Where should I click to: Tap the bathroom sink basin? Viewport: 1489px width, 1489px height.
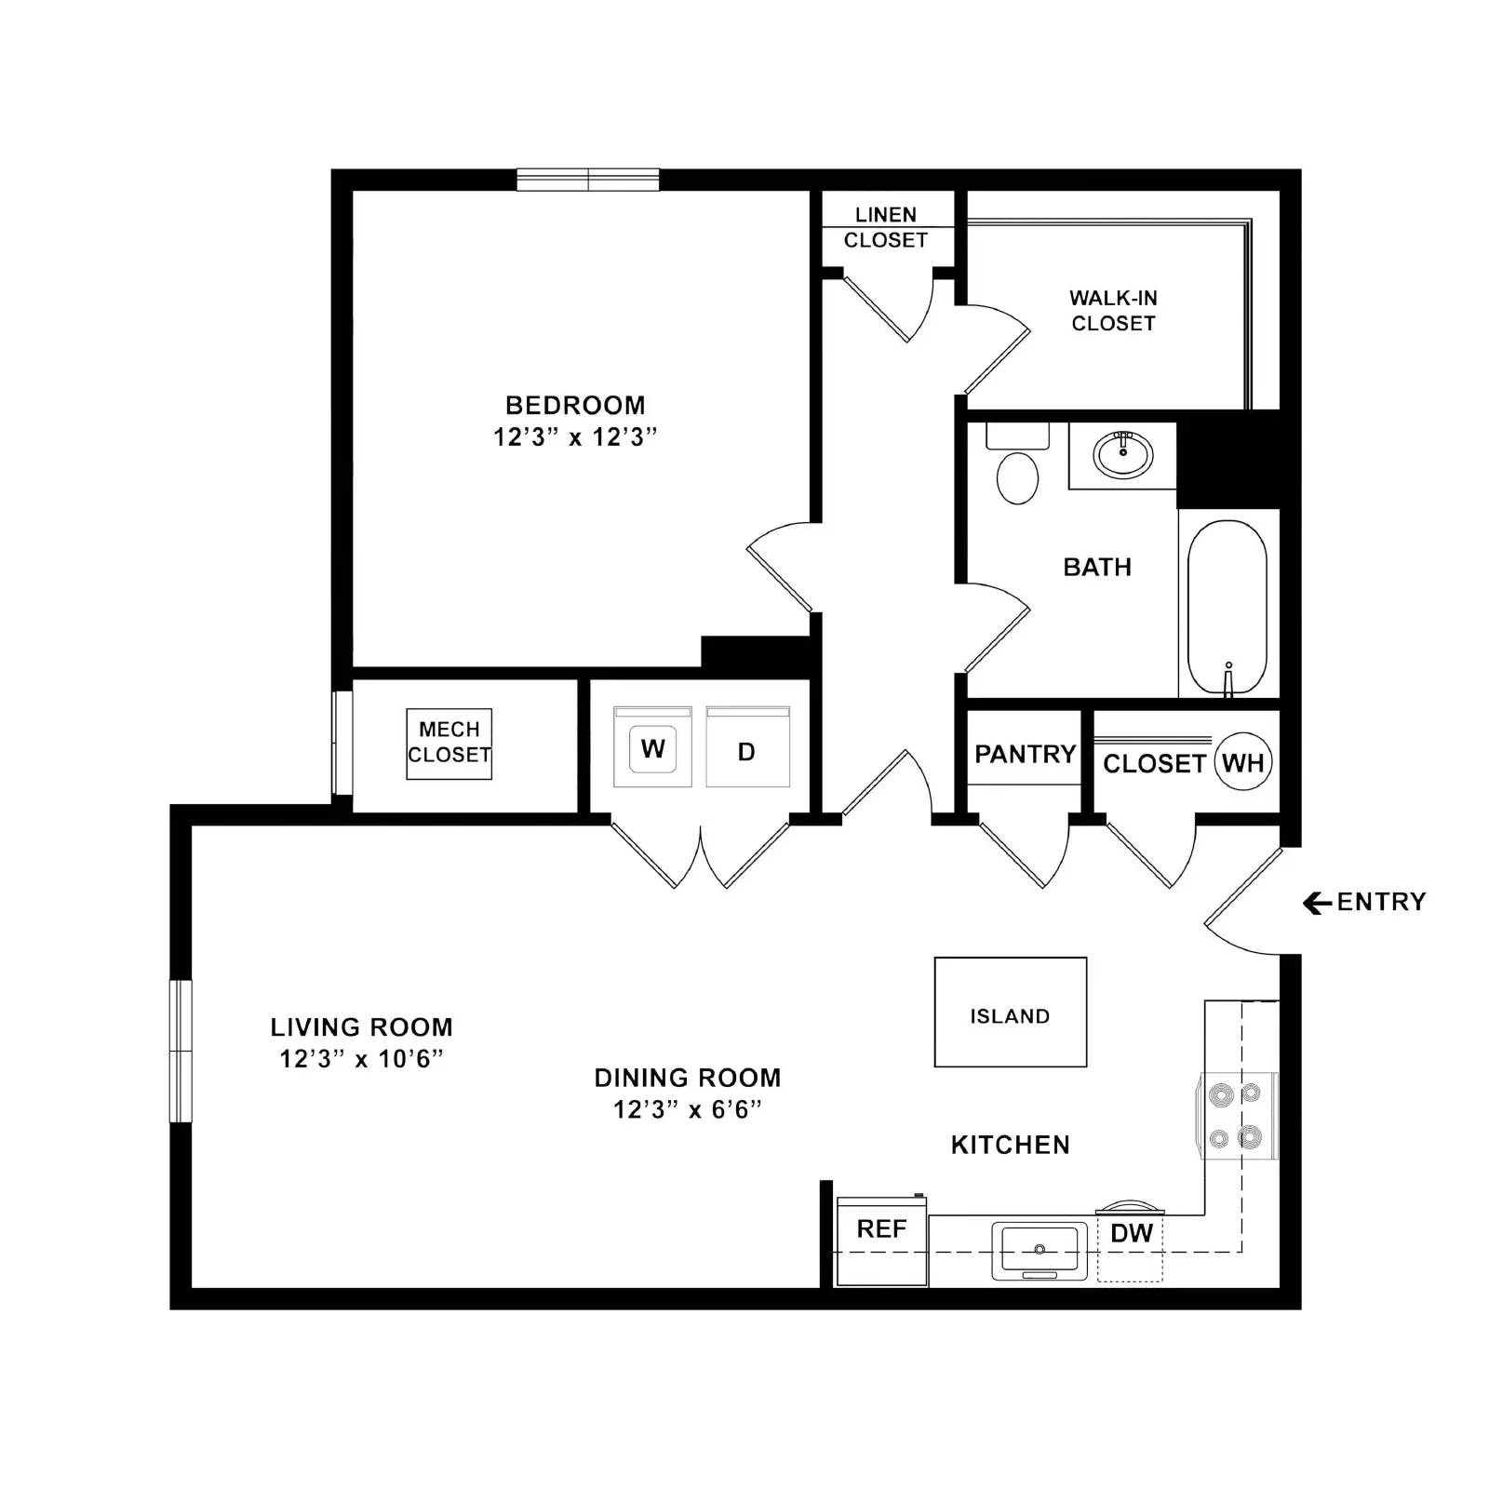(1122, 455)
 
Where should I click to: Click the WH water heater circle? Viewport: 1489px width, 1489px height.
(1242, 763)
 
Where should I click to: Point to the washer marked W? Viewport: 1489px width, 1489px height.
(652, 748)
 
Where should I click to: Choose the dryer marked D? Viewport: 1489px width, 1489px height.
(747, 750)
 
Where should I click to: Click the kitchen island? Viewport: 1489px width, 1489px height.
(1010, 1013)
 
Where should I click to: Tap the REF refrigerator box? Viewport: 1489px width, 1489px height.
(881, 1241)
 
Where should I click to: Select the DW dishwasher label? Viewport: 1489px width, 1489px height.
(1132, 1234)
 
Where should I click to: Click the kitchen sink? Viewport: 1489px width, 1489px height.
(1040, 1249)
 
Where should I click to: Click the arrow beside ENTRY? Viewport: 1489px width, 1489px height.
(1316, 903)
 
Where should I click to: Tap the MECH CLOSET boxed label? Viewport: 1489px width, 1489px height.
(449, 743)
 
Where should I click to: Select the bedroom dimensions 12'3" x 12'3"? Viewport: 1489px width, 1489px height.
(575, 437)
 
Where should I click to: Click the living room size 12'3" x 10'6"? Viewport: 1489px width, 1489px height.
(361, 1059)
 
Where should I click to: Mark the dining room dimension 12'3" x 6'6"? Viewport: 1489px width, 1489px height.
(687, 1109)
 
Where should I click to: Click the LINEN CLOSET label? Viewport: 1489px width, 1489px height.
(885, 228)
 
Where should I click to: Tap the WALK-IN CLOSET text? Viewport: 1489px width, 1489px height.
(1113, 311)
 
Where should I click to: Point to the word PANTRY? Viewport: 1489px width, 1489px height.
(1025, 754)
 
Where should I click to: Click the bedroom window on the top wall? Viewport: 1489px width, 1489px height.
(588, 180)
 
